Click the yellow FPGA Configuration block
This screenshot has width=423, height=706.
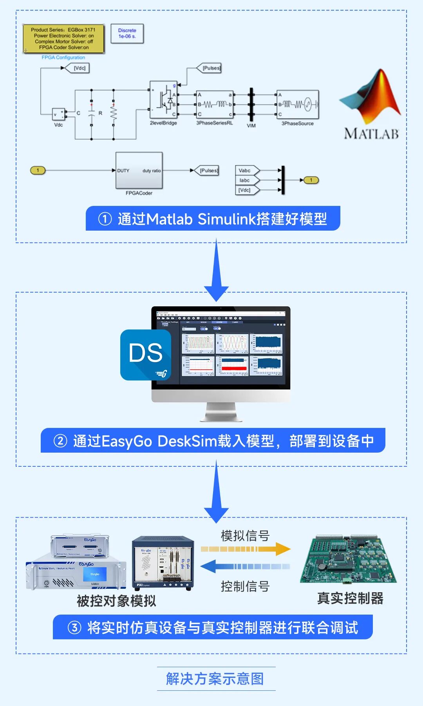(x=63, y=39)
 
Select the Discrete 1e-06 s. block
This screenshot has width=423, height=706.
(x=127, y=34)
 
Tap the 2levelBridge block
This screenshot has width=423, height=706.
(x=163, y=100)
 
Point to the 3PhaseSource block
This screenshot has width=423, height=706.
(x=298, y=104)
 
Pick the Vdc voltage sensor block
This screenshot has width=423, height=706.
(x=59, y=114)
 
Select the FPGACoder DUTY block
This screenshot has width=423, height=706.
(x=139, y=171)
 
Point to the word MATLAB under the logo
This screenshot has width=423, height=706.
(x=371, y=134)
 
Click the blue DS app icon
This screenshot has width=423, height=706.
(x=146, y=355)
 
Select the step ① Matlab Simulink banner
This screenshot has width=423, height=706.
(x=213, y=218)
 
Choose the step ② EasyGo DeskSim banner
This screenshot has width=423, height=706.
(x=213, y=440)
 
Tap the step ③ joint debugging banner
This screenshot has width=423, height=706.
(x=213, y=627)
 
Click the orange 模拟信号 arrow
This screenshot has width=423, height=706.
(x=246, y=549)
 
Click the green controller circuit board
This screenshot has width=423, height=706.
(x=348, y=559)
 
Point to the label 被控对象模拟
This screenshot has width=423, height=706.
(x=116, y=601)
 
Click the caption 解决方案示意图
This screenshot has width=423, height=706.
(x=215, y=679)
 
